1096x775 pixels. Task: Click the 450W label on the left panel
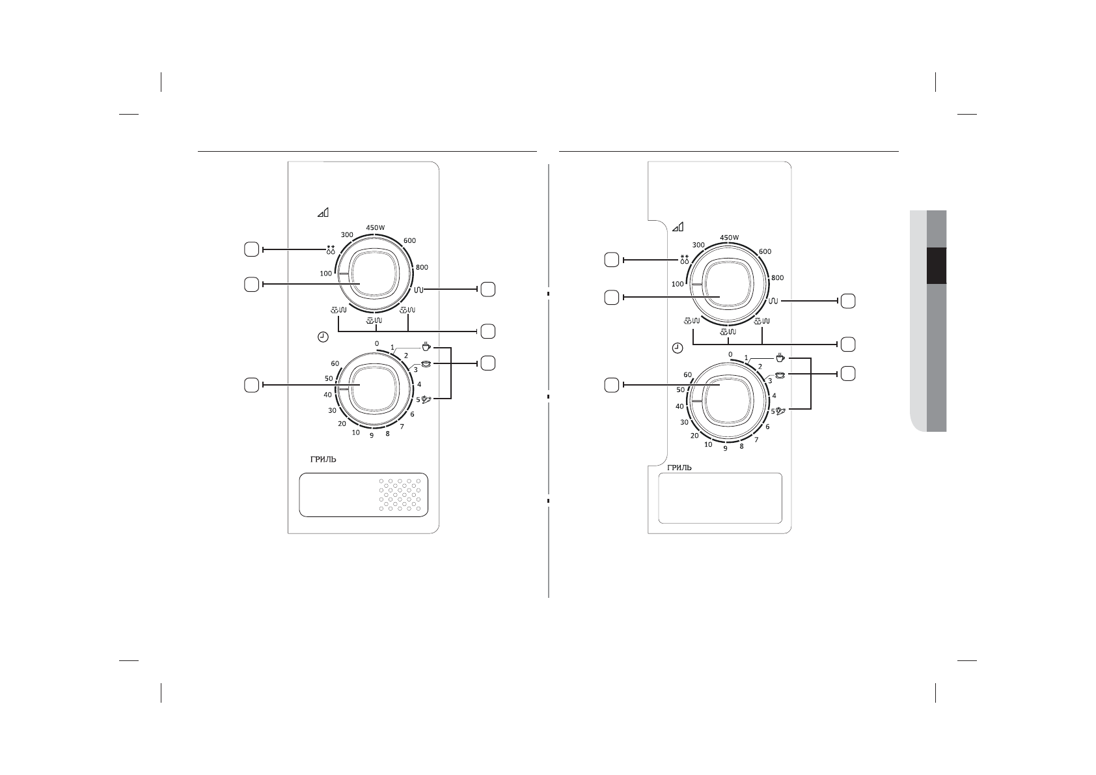[376, 228]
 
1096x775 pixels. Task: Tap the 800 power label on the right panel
[778, 277]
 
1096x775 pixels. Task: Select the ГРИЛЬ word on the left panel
[323, 460]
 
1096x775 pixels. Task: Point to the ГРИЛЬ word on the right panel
[679, 468]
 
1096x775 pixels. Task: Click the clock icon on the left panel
[323, 337]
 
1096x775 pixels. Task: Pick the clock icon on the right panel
[677, 348]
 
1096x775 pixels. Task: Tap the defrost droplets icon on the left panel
[331, 249]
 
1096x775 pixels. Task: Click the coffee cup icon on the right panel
[780, 358]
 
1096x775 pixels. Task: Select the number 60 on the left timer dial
[335, 363]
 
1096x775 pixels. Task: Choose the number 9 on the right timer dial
[725, 448]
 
